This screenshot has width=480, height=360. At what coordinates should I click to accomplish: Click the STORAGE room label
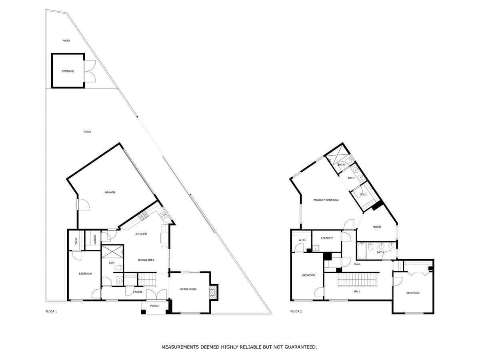point(68,71)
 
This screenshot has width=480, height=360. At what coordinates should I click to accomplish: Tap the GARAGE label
point(110,192)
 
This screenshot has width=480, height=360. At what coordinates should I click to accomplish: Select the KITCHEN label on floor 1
point(141,234)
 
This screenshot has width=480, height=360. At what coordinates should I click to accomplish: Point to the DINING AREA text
point(146,260)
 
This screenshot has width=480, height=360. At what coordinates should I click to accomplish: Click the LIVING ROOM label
point(188,289)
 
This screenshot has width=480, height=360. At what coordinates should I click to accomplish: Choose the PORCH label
point(154,306)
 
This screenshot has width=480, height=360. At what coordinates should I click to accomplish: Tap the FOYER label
point(138,292)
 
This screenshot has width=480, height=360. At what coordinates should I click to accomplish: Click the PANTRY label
point(95,240)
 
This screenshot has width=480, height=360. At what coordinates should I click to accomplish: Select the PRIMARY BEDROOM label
point(326,200)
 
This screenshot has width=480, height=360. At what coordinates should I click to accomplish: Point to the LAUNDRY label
point(327,238)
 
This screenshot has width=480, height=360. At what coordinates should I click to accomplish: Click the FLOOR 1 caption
point(51,311)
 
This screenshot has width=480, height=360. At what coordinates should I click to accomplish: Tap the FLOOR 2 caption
point(296,311)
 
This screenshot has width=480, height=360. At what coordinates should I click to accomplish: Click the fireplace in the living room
point(214,292)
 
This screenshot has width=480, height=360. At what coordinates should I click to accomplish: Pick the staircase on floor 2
point(358,280)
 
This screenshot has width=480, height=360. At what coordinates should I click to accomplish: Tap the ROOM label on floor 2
point(377,227)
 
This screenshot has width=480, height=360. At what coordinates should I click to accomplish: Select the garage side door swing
point(84,204)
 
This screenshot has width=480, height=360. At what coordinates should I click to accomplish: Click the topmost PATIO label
point(66,40)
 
